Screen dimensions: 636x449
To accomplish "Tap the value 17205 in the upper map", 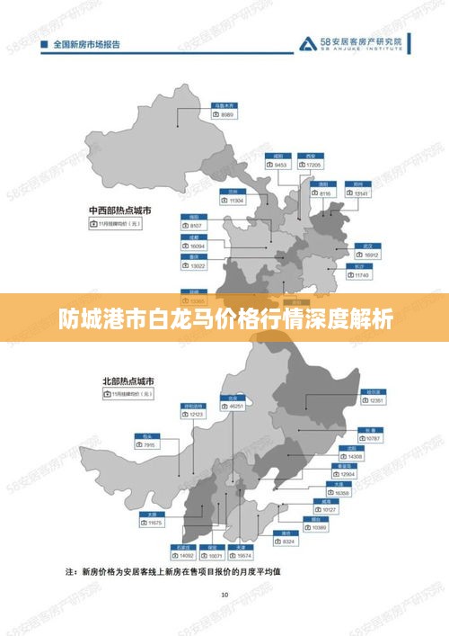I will click(312, 166).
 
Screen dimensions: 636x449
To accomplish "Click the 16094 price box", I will click(196, 246).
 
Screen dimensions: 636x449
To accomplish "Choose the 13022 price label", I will click(196, 265).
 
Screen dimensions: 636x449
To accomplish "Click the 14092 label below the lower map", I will click(186, 555).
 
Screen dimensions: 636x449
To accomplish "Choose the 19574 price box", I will click(241, 555).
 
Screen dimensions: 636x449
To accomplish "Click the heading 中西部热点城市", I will click(119, 210).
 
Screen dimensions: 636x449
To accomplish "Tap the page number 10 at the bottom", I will click(224, 595).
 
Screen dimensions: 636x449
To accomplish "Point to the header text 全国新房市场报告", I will click(85, 43).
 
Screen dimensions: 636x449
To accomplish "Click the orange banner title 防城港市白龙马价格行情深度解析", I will click(224, 318).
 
